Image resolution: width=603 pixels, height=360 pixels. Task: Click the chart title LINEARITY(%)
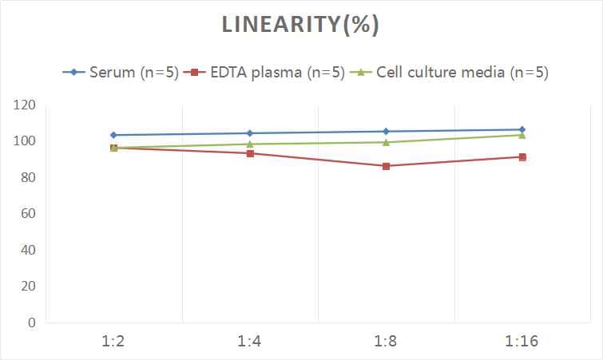point(300,26)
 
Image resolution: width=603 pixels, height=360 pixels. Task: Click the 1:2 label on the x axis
point(114,342)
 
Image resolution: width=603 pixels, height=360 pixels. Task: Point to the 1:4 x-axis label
point(250,342)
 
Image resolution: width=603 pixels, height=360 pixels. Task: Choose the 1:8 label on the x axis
point(386,342)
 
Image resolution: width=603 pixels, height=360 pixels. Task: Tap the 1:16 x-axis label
point(522,342)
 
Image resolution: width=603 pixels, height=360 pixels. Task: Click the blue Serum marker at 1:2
point(114,135)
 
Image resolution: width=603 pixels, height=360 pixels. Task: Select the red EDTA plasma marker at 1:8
point(386,166)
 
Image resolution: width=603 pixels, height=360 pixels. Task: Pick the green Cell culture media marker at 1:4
point(250,144)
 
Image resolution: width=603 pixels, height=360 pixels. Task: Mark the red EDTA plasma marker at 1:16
point(522,157)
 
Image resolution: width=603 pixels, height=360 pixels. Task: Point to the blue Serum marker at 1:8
point(386,132)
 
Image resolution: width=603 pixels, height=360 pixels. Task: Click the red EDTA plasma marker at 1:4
point(250,153)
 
